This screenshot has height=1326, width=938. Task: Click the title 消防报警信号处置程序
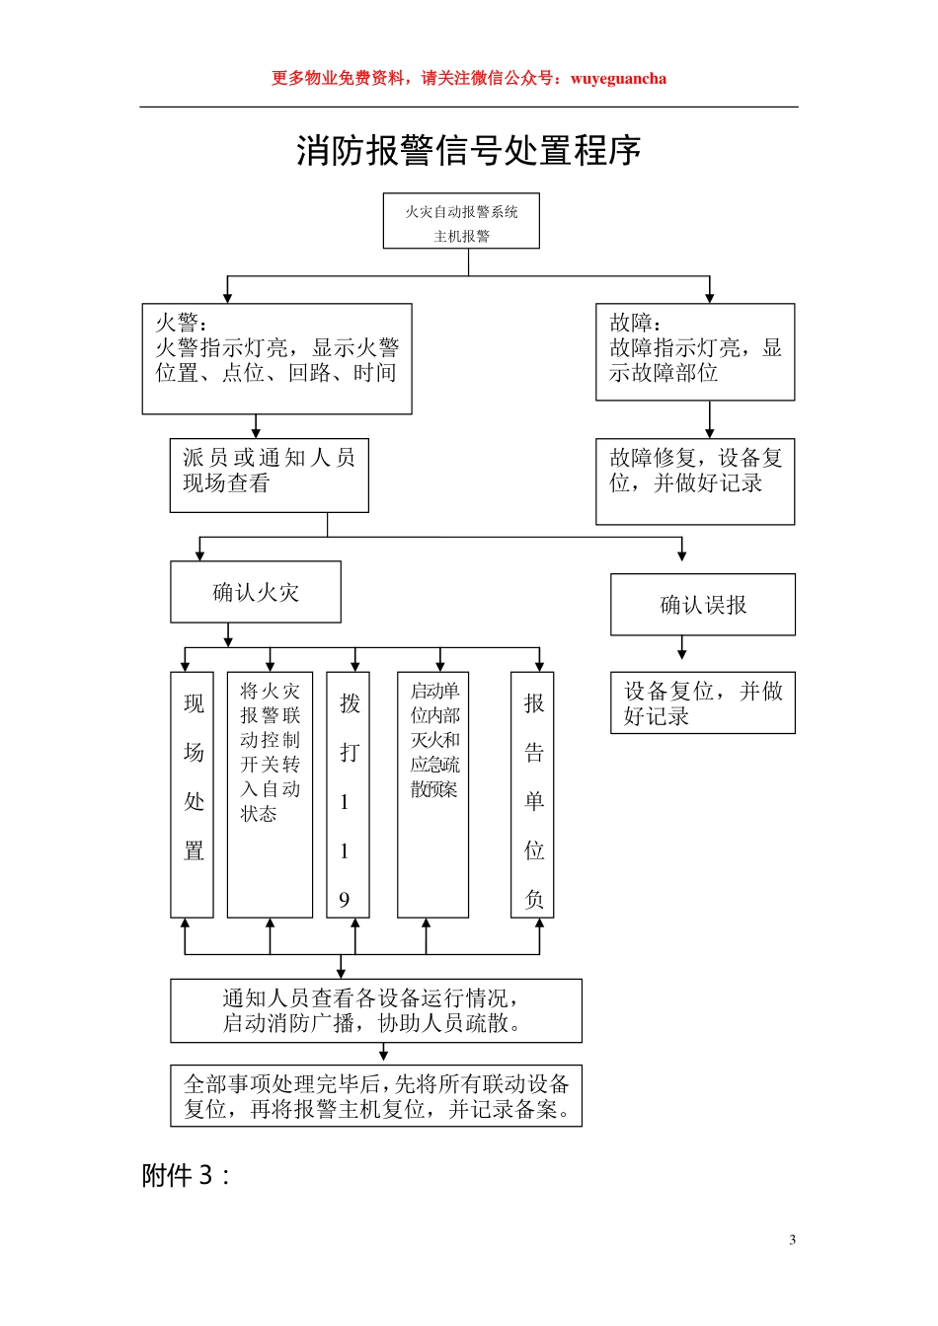[468, 151]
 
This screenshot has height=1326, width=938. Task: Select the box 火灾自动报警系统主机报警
[461, 221]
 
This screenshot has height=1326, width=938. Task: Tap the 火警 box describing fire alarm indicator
[276, 358]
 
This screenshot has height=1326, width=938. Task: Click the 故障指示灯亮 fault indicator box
[695, 351]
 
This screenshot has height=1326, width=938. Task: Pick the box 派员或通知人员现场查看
[269, 475]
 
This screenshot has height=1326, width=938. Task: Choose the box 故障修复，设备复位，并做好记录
[695, 480]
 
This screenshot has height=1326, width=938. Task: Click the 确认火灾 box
[256, 592]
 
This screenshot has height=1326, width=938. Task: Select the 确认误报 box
[703, 604]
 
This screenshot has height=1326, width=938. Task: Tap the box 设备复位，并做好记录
[703, 702]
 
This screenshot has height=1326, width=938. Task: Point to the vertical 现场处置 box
[193, 794]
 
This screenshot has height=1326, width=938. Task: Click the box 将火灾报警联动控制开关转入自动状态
[270, 794]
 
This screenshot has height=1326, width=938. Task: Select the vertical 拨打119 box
[348, 794]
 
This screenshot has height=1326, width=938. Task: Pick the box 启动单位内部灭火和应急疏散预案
[432, 794]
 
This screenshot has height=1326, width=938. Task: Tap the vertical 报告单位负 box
[533, 794]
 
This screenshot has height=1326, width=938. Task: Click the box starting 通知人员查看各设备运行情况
[376, 1010]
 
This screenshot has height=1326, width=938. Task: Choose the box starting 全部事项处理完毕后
[376, 1095]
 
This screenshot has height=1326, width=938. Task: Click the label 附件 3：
[186, 1175]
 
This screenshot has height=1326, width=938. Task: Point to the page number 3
[792, 1240]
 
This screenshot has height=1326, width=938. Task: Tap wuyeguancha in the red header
[618, 79]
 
